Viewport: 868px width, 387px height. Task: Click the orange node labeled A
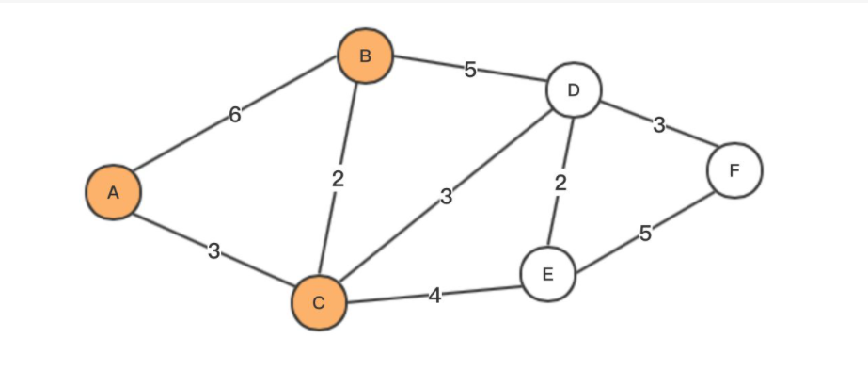click(x=113, y=192)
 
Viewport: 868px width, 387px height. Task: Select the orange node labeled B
click(x=365, y=56)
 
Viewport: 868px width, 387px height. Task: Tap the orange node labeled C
click(x=319, y=302)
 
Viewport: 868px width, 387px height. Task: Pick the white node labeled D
click(x=574, y=90)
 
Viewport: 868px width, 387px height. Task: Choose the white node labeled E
click(x=547, y=274)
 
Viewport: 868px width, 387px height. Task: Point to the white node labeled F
click(x=734, y=170)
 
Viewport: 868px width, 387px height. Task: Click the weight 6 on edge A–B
click(x=235, y=115)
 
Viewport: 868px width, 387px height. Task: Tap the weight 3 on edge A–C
click(x=214, y=251)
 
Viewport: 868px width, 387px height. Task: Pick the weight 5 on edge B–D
click(x=469, y=70)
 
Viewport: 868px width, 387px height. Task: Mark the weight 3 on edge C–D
click(x=447, y=197)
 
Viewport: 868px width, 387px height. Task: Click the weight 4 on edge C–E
click(x=434, y=296)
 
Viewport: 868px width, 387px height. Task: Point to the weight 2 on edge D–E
click(x=560, y=183)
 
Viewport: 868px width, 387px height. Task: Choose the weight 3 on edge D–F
click(x=659, y=125)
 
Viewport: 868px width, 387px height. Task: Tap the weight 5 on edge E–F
click(x=645, y=234)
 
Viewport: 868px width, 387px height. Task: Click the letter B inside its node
click(x=365, y=56)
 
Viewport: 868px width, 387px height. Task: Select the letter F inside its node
click(x=734, y=170)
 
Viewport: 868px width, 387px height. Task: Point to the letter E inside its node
click(x=547, y=274)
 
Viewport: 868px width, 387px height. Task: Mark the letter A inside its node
click(x=113, y=192)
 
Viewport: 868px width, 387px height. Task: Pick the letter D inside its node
click(x=574, y=90)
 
